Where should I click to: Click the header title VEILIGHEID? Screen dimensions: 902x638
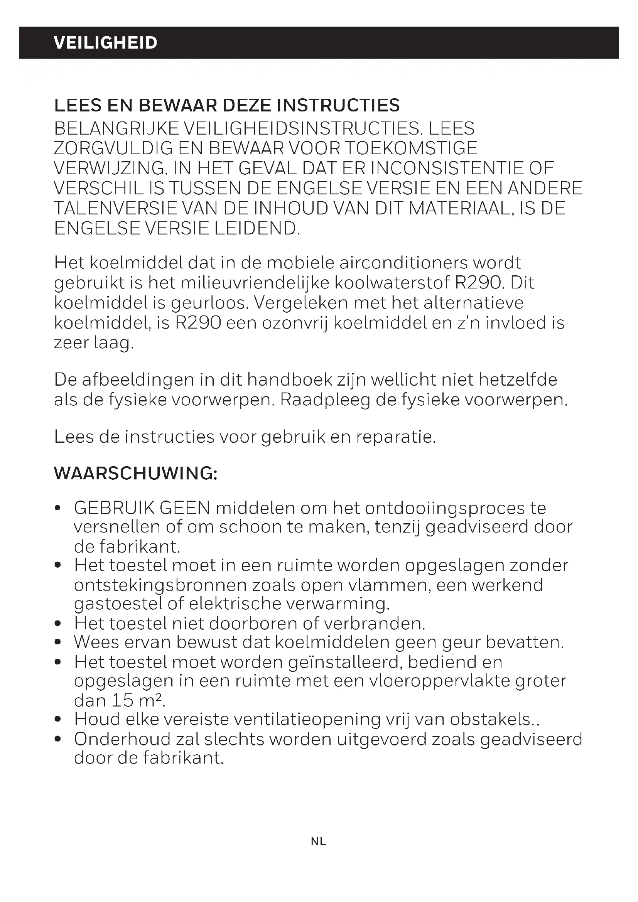click(105, 42)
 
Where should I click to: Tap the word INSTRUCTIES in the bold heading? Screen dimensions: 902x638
click(338, 105)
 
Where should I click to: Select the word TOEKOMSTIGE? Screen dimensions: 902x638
click(412, 148)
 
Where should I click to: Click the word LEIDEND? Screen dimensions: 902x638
click(257, 229)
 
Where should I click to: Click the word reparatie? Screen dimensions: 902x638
click(396, 437)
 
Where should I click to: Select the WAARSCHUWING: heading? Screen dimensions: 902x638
click(135, 474)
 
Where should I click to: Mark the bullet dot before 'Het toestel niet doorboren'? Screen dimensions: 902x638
click(58, 624)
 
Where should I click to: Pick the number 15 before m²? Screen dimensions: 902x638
click(123, 700)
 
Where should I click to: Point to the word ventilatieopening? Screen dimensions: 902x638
click(307, 719)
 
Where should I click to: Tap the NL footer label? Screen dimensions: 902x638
click(319, 841)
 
